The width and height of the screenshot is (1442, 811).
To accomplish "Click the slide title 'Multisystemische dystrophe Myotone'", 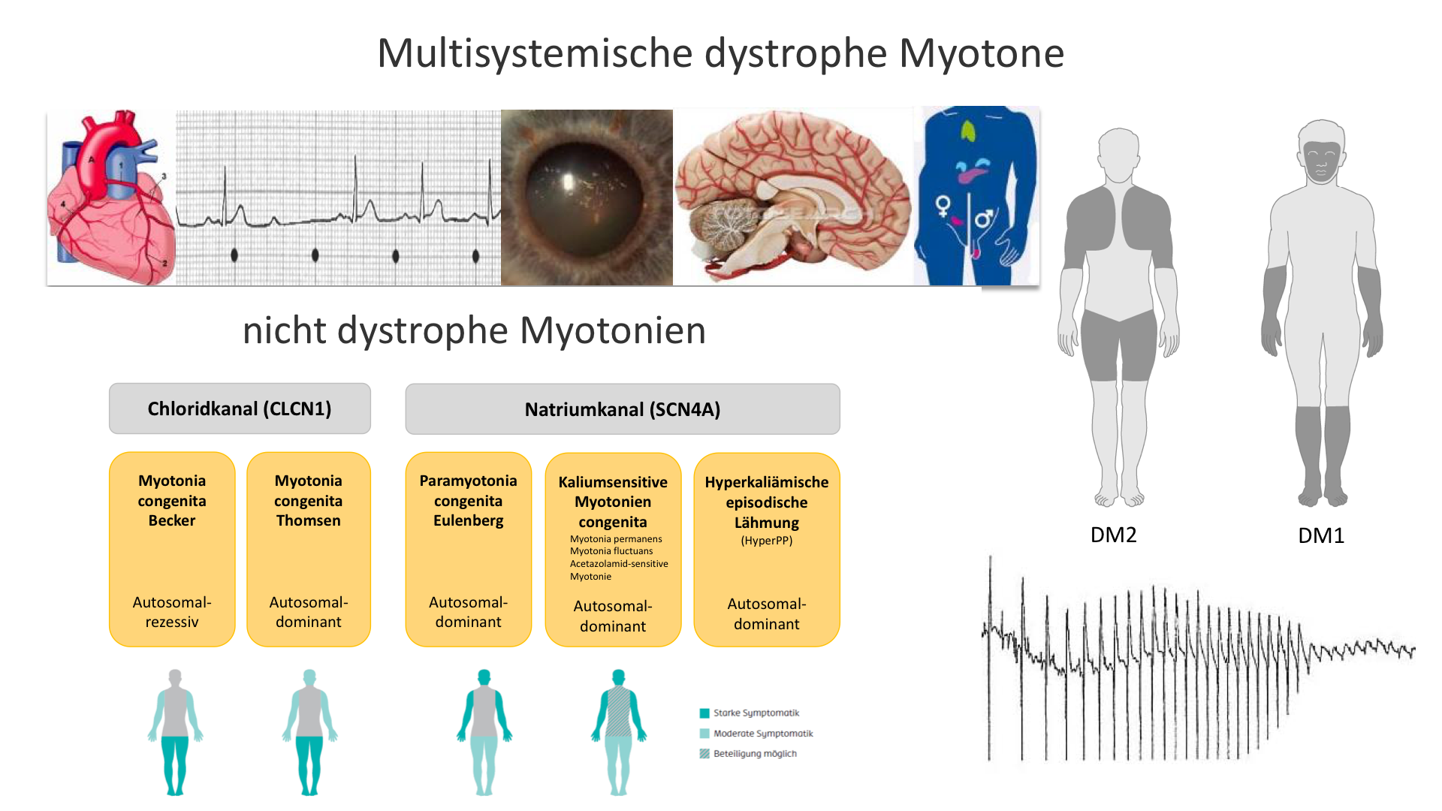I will point(720,53).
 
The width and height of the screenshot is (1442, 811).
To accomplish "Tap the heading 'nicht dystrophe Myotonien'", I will point(474,330).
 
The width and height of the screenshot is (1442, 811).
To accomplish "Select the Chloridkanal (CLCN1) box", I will point(240,409).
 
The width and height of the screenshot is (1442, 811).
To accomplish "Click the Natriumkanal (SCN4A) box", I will point(622,409).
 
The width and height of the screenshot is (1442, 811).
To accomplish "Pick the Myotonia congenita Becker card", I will point(172,549).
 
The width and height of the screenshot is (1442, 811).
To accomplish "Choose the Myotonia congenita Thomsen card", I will point(308,549).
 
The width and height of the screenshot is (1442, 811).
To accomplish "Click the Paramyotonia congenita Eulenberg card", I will point(468,549).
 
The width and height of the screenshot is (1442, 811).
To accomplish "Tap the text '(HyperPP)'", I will point(766,541).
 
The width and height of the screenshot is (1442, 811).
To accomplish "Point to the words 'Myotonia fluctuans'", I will point(611,551).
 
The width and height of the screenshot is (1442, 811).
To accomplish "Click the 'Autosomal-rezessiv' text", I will point(172,612).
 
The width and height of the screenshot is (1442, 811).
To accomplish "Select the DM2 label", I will point(1113,535).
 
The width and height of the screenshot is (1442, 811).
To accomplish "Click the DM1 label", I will point(1321,535).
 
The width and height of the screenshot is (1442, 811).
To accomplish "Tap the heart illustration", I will point(111,197).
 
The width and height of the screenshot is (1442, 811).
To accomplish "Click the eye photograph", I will point(586,197).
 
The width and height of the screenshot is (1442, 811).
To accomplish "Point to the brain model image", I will point(792,195).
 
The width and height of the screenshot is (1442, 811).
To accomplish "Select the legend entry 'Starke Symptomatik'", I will point(756,713).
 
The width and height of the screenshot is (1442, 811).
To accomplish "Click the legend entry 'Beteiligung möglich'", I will point(754,754).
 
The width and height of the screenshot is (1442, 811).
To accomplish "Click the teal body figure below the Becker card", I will point(175,732).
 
